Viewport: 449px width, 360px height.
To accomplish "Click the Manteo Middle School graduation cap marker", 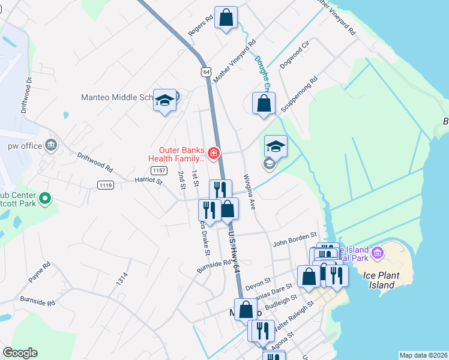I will (164, 100).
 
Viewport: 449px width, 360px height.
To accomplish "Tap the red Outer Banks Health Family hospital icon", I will (213, 154).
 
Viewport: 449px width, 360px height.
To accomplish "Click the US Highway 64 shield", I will (206, 71).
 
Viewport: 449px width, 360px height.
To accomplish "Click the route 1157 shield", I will (158, 171).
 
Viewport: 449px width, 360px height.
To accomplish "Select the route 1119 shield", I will (106, 185).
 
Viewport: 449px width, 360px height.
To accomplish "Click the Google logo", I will (20, 353).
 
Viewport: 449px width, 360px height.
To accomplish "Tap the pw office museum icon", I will (50, 145).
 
